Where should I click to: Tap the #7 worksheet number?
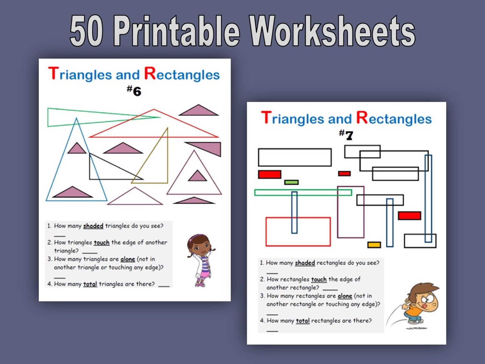click(346, 134)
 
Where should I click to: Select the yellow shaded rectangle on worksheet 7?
click(374, 245)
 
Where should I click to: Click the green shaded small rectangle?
click(291, 182)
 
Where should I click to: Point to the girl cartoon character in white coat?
click(200, 260)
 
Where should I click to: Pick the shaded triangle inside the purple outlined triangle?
click(197, 176)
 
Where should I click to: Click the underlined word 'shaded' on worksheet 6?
click(93, 226)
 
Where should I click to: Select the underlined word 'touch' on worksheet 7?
click(319, 279)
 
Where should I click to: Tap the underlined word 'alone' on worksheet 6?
click(128, 259)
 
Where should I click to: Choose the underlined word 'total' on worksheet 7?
click(303, 321)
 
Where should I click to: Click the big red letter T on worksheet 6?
click(53, 74)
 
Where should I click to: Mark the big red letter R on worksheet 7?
click(362, 117)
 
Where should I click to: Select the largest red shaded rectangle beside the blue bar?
click(409, 215)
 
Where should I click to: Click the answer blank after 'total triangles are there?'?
click(164, 285)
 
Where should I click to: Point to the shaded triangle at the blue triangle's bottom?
click(72, 193)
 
